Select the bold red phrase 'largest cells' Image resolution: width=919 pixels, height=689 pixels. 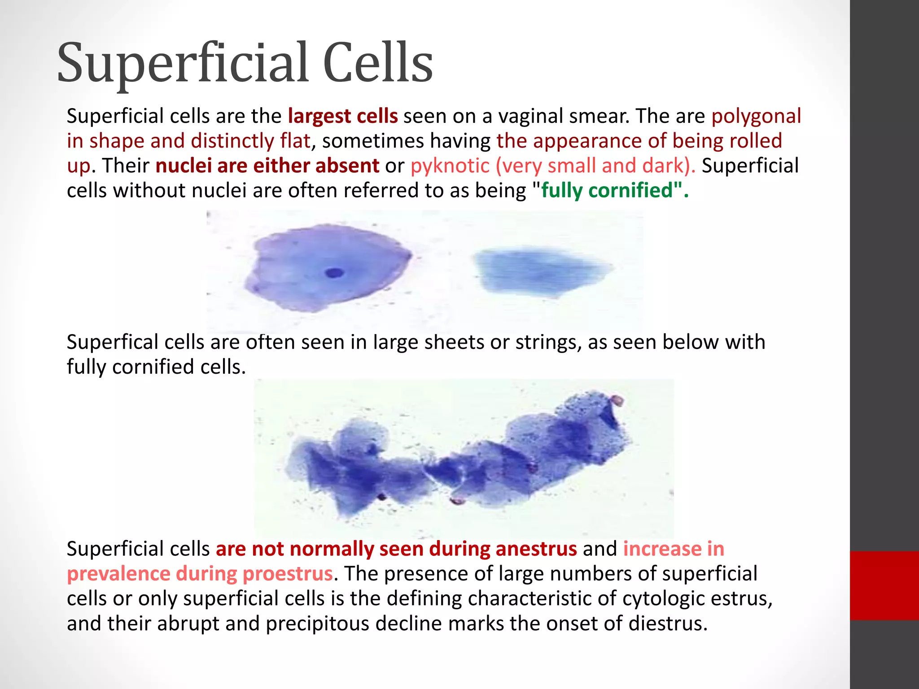342,116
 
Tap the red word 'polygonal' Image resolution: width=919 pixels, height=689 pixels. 756,116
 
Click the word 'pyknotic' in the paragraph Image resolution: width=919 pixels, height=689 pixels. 450,166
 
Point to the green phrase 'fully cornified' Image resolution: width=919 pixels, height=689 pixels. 608,190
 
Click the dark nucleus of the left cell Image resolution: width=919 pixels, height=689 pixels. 333,273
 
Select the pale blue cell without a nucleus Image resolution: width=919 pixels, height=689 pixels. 541,271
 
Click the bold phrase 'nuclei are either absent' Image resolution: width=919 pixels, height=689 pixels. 267,166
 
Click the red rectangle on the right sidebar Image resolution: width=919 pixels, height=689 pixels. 884,585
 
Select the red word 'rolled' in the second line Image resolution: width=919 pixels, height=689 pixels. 756,141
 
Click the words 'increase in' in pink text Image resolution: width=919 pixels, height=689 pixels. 674,549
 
